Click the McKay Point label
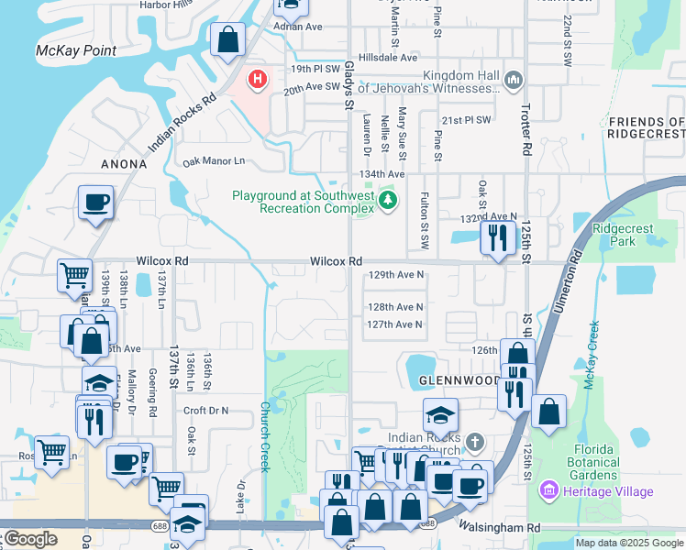tap(76, 49)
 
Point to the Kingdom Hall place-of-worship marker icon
tap(513, 82)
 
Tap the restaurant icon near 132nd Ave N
tap(498, 238)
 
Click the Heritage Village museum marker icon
tap(549, 491)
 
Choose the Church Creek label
tap(265, 436)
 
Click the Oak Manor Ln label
tap(215, 161)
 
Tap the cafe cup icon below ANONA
tap(94, 203)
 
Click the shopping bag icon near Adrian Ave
tap(227, 40)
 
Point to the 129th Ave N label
tap(395, 274)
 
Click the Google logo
tap(30, 539)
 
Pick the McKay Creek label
tap(592, 356)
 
